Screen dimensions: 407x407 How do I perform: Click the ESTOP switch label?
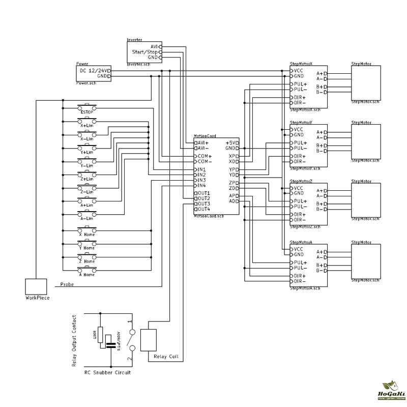pyautogui.click(x=87, y=112)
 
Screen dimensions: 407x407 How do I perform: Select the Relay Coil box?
pyautogui.click(x=150, y=340)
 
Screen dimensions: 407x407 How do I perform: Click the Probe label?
pyautogui.click(x=67, y=284)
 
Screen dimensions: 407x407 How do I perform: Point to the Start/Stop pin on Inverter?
pyautogui.click(x=144, y=52)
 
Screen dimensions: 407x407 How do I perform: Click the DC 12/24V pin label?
pyautogui.click(x=94, y=70)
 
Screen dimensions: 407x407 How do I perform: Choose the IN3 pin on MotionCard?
pyautogui.click(x=201, y=180)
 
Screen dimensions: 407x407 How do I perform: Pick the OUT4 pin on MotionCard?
pyautogui.click(x=203, y=209)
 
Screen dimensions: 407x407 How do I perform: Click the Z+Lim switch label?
pyautogui.click(x=87, y=179)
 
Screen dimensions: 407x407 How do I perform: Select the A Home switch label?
pyautogui.click(x=87, y=274)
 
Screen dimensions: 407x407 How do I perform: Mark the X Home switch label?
pyautogui.click(x=87, y=235)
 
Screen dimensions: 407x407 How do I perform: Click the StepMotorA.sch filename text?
pyautogui.click(x=305, y=288)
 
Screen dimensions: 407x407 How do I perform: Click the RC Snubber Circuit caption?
pyautogui.click(x=107, y=372)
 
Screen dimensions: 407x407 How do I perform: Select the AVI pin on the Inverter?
pyautogui.click(x=154, y=46)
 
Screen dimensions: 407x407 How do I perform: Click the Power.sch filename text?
pyautogui.click(x=86, y=82)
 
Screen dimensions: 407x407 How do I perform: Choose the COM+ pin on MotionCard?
pyautogui.click(x=205, y=156)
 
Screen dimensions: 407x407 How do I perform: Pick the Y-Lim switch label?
pyautogui.click(x=87, y=165)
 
